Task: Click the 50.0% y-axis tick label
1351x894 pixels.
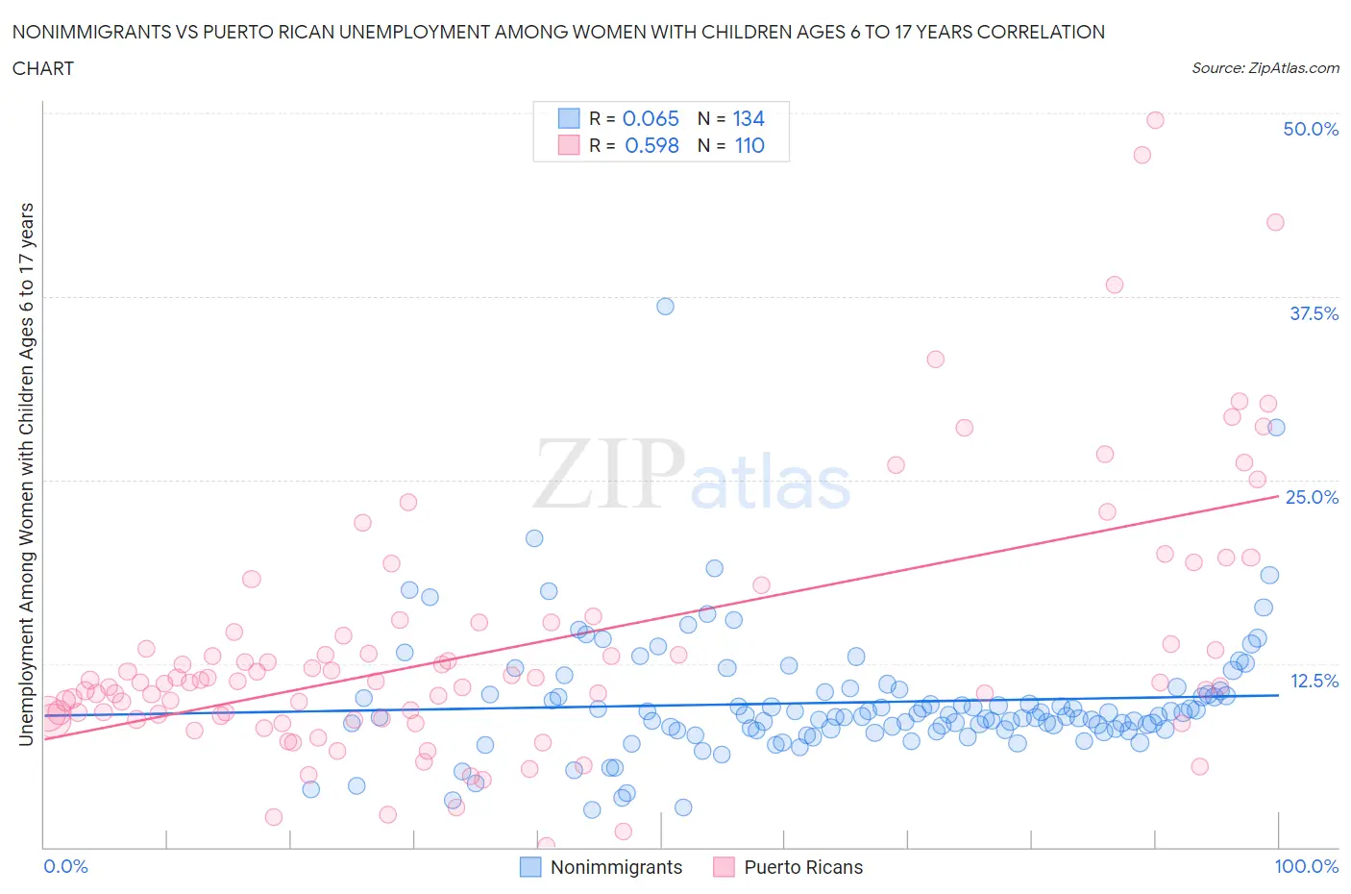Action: [x=1311, y=129]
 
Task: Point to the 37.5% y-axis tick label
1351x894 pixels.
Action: [x=1313, y=313]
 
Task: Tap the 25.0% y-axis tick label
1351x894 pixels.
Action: [x=1312, y=497]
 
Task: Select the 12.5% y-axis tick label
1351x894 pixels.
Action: [x=1314, y=681]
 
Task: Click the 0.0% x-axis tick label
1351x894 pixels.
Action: [x=66, y=866]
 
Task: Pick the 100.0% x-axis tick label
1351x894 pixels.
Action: [x=1306, y=866]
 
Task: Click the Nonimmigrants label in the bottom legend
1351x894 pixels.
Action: [x=616, y=867]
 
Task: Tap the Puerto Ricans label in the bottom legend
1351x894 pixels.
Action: [x=803, y=867]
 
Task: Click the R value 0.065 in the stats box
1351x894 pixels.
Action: [x=651, y=118]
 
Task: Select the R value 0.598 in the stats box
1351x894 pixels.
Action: [x=651, y=145]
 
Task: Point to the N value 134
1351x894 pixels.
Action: [x=749, y=118]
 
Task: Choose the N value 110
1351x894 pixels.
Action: [x=749, y=145]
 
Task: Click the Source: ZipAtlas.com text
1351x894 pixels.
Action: [x=1265, y=67]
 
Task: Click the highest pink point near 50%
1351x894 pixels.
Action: [x=1155, y=120]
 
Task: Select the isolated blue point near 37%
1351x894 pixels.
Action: [x=665, y=307]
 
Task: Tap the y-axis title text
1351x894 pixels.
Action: [x=26, y=474]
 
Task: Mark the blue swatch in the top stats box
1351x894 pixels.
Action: [x=569, y=118]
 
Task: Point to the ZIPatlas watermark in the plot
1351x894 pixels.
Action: [x=692, y=474]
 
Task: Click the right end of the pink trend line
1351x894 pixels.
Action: [x=1278, y=496]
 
